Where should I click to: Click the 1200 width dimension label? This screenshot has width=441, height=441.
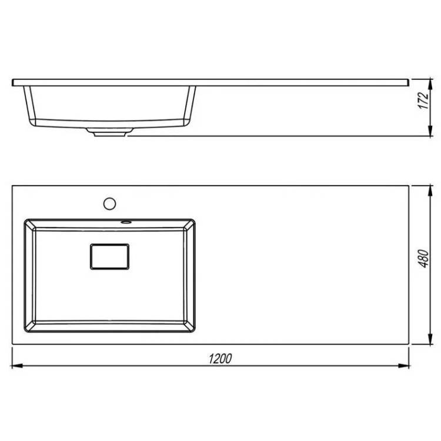[220, 359]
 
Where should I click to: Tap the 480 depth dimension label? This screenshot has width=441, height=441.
[423, 258]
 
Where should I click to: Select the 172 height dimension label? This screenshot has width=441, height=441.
[423, 100]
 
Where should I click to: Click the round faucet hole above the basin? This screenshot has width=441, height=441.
[109, 203]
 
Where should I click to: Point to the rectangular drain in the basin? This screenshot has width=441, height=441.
[110, 256]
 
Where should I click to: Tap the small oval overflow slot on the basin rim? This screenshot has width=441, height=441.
[126, 222]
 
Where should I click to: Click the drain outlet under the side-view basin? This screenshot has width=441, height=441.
[109, 132]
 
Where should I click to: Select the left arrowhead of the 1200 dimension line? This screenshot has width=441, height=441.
[17, 366]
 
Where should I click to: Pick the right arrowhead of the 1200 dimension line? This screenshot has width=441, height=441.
[403, 366]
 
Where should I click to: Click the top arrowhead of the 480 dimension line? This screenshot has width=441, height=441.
[430, 191]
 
